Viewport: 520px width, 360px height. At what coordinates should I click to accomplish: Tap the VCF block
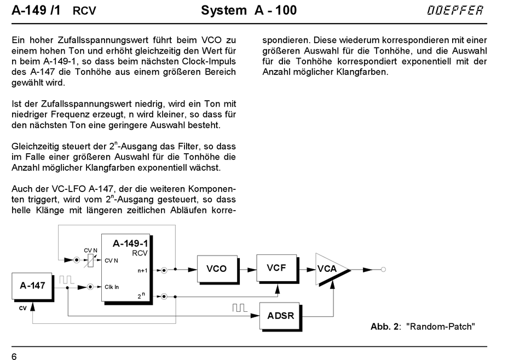[x=278, y=269]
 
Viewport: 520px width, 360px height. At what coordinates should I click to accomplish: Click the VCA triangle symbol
[x=332, y=269]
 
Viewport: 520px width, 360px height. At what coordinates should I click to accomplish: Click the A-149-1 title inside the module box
[x=130, y=243]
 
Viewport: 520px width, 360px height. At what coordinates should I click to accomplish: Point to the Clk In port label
[x=112, y=287]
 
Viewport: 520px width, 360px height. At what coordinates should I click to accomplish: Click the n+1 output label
[x=142, y=270]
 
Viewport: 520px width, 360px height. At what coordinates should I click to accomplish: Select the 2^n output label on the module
[x=141, y=295]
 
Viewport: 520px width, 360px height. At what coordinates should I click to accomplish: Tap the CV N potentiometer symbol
[x=90, y=260]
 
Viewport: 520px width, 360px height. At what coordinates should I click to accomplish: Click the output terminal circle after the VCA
[x=383, y=270]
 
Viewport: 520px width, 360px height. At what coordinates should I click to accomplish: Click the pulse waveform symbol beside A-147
[x=66, y=280]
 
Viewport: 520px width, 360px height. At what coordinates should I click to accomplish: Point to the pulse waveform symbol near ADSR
[x=239, y=307]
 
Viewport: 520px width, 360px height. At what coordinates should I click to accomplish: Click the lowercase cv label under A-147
[x=22, y=308]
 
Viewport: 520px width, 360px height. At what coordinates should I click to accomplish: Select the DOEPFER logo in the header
[x=455, y=10]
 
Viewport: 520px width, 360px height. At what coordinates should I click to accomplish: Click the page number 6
[x=14, y=356]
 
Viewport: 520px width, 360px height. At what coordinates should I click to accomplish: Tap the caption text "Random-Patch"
[x=441, y=327]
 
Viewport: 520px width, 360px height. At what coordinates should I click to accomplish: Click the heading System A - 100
[x=249, y=10]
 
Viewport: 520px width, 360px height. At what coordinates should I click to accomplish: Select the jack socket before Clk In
[x=90, y=287]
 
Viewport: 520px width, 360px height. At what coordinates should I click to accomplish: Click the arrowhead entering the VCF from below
[x=278, y=289]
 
